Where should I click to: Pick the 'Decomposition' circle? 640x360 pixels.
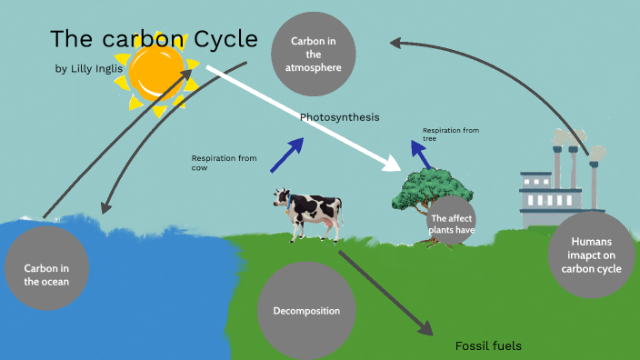pyautogui.click(x=306, y=311)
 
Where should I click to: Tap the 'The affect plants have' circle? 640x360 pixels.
pyautogui.click(x=453, y=224)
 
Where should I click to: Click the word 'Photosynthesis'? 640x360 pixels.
pyautogui.click(x=339, y=118)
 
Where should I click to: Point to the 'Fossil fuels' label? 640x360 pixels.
pyautogui.click(x=488, y=346)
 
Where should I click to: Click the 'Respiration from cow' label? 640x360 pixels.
pyautogui.click(x=224, y=163)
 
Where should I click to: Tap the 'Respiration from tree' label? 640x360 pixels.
pyautogui.click(x=450, y=134)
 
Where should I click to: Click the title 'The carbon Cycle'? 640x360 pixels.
pyautogui.click(x=154, y=39)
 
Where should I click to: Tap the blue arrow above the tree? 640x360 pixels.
pyautogui.click(x=420, y=152)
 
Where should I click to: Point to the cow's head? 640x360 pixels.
pyautogui.click(x=282, y=197)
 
